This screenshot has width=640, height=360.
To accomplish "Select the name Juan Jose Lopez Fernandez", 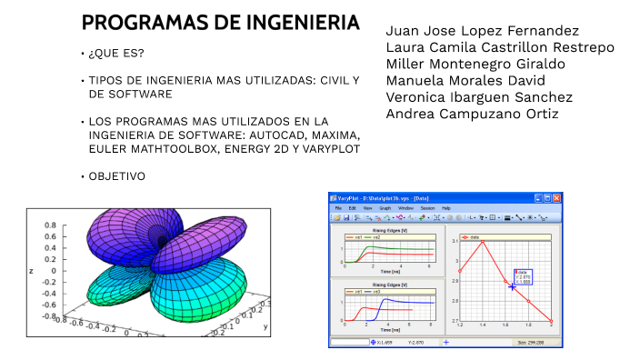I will click(x=482, y=31).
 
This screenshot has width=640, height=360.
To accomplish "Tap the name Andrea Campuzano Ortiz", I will click(x=472, y=114).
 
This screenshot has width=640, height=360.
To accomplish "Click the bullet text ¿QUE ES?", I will click(x=114, y=55).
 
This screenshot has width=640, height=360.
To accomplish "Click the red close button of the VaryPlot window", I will click(x=557, y=197).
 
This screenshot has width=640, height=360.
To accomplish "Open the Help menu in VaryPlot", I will click(x=445, y=208).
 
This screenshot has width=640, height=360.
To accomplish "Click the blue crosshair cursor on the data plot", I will click(x=512, y=287).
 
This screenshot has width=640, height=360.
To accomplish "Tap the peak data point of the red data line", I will click(x=483, y=241).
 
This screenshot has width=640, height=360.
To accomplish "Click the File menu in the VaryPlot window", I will click(x=337, y=208).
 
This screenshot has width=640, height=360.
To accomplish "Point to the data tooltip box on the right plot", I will click(x=523, y=276).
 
